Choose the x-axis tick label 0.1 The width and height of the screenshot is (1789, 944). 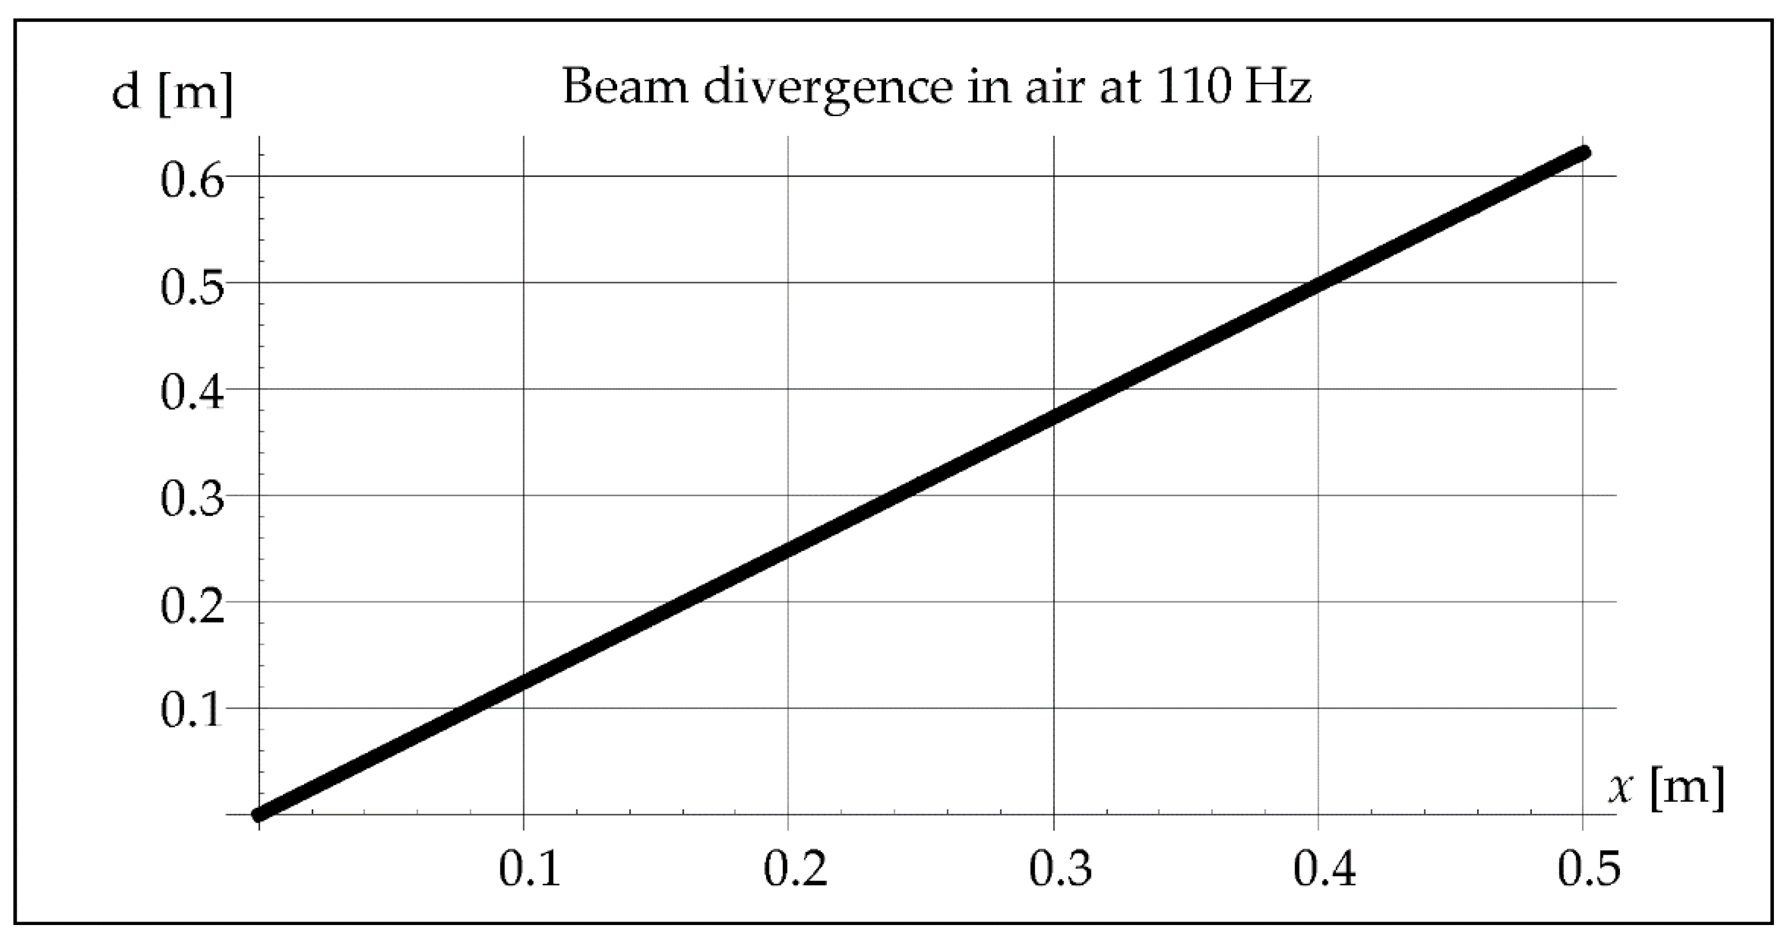(529, 870)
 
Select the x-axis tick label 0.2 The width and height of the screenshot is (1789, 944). (795, 870)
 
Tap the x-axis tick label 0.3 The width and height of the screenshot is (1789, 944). (1060, 870)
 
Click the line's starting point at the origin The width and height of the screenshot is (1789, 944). (258, 814)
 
